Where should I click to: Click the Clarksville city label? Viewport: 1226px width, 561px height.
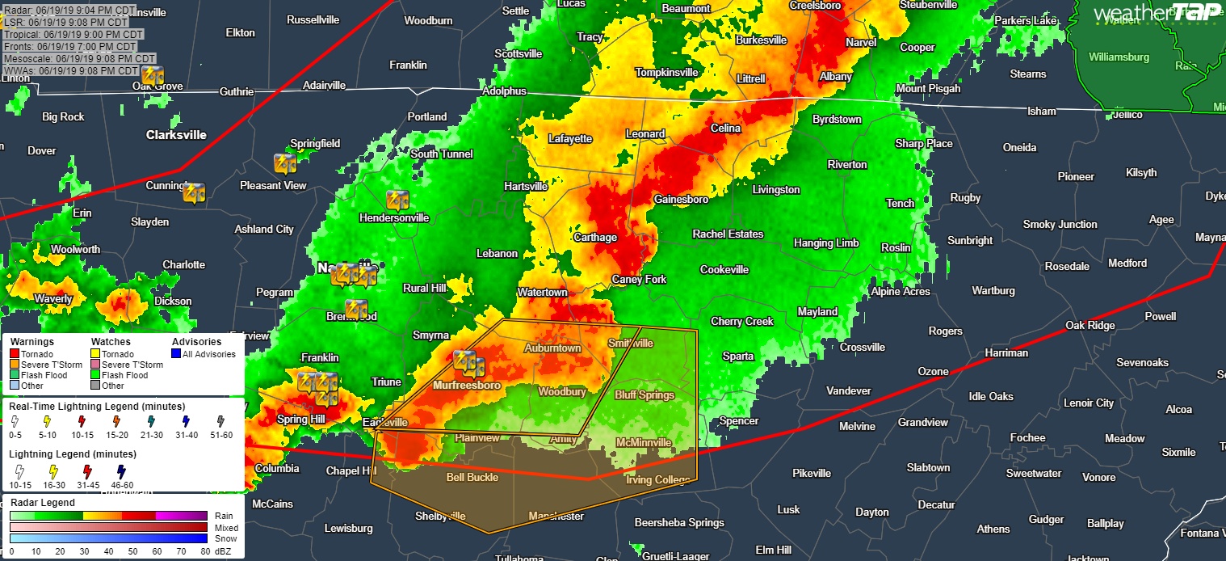(176, 135)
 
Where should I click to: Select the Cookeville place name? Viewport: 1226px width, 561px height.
(724, 269)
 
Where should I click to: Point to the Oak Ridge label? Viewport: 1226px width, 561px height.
(1090, 325)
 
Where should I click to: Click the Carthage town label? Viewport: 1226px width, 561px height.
(594, 238)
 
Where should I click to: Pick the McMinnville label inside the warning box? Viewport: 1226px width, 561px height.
(643, 443)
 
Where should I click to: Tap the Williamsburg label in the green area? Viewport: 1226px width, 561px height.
(1118, 57)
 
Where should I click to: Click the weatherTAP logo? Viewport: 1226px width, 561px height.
(1156, 12)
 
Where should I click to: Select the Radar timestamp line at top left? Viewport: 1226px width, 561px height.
(69, 10)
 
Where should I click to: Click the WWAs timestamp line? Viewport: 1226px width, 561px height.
(72, 70)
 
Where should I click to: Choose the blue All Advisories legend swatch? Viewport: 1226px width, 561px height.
(177, 354)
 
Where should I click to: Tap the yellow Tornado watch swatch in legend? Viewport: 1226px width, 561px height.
(95, 354)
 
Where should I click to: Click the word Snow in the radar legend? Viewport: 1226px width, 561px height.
(225, 538)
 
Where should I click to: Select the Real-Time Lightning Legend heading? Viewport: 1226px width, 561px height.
(97, 406)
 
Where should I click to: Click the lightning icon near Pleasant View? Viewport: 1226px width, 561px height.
(285, 163)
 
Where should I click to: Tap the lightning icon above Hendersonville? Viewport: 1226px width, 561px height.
(396, 200)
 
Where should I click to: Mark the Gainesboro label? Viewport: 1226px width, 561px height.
(681, 199)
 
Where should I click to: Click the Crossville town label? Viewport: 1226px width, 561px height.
(863, 347)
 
